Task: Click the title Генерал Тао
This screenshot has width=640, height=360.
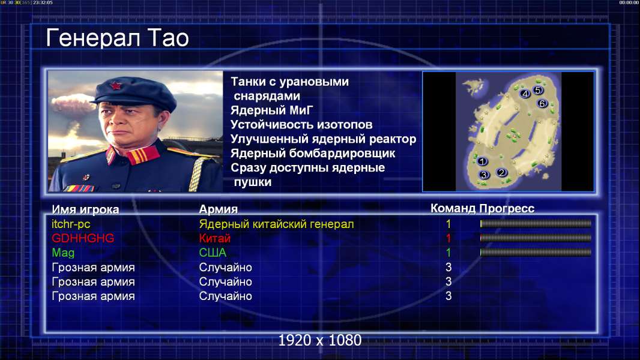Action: point(118,38)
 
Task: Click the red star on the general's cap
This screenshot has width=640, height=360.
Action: point(116,86)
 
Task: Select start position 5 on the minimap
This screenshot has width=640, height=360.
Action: point(537,90)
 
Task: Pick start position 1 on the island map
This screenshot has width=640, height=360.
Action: point(482,161)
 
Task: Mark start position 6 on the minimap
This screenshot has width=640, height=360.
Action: point(542,104)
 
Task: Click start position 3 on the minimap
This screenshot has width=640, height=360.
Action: point(484,175)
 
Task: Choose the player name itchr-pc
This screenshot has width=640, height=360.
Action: point(71,224)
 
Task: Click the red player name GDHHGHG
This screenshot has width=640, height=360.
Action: point(83,238)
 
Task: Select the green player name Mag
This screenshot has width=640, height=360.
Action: point(63,253)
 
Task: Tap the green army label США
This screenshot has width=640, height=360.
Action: point(213,253)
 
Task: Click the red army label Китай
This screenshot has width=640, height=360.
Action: point(215,238)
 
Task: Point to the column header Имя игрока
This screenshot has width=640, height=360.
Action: point(85,209)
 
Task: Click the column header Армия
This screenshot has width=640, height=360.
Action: point(219,209)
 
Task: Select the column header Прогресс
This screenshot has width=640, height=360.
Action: point(507,208)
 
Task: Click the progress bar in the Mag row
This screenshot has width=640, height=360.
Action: point(536,253)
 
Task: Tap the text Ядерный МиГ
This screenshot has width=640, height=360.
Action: point(272,110)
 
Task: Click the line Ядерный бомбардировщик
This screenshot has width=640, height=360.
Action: point(313,153)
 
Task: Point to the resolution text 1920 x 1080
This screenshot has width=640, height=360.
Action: point(319,340)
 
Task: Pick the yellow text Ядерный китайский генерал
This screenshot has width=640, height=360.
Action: point(276,224)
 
